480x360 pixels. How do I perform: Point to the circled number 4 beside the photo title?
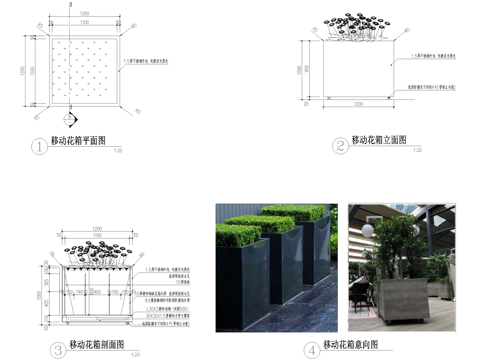(312, 350)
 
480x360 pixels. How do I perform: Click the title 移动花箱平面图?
(78, 142)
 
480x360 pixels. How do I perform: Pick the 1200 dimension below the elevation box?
(358, 104)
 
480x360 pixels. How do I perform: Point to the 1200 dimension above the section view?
(98, 229)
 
